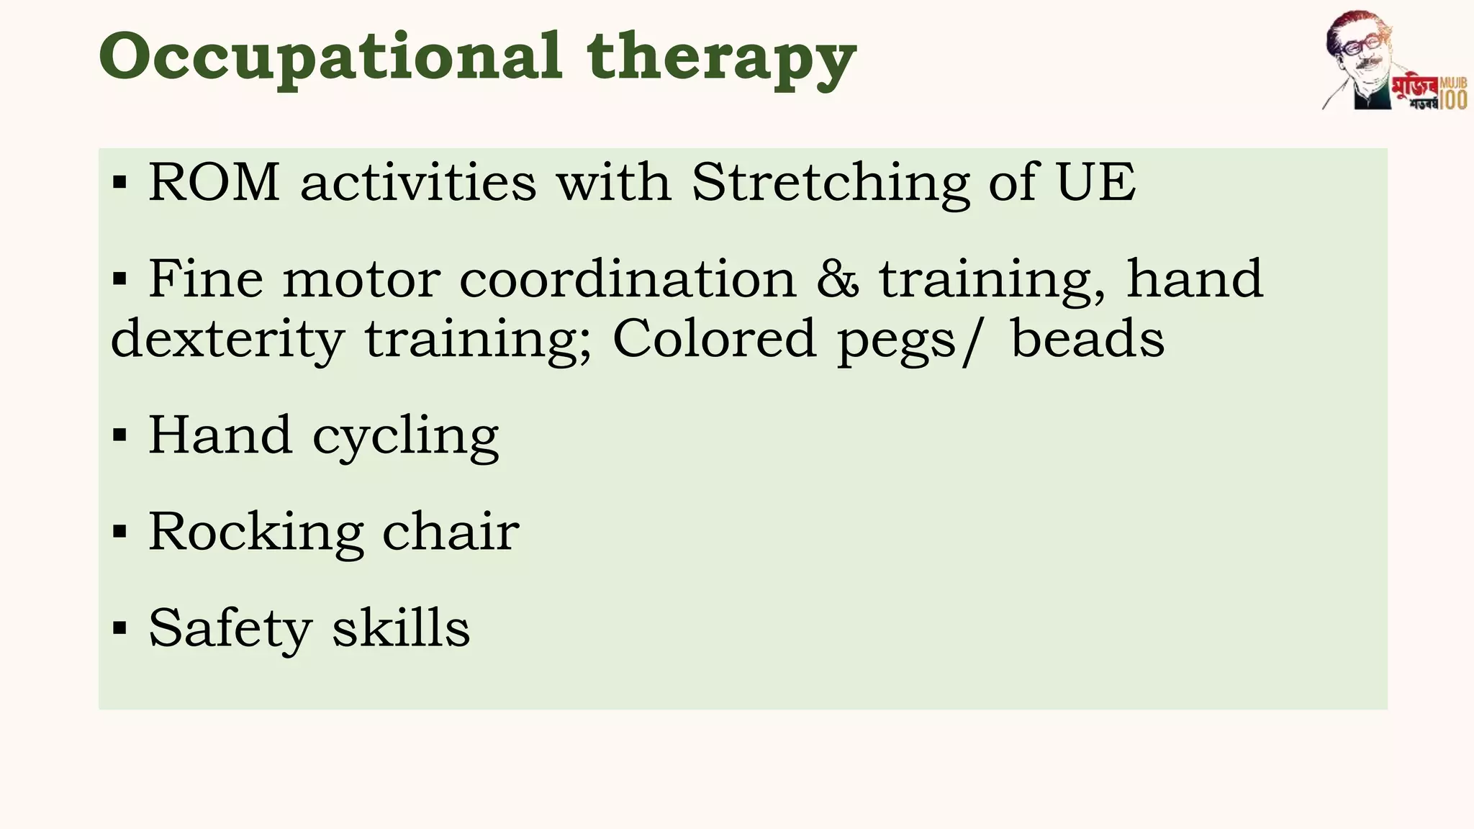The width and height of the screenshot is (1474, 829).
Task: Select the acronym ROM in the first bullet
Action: pos(214,182)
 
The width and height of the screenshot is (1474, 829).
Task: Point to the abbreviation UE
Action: pos(1095,182)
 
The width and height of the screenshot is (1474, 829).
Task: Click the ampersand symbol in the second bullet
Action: pos(837,279)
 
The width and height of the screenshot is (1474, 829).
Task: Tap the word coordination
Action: pos(628,279)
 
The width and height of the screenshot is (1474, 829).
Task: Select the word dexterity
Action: pos(227,340)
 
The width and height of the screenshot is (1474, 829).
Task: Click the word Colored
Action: pos(714,340)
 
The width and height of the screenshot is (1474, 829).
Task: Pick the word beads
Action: pos(1088,340)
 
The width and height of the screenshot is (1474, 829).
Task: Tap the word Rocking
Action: pos(256,533)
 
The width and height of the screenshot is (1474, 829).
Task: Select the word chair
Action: pos(451,532)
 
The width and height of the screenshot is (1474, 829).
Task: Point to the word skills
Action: pos(401,628)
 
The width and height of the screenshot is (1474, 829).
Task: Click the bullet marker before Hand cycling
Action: pos(120,435)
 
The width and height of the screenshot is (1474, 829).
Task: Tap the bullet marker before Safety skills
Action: pos(120,628)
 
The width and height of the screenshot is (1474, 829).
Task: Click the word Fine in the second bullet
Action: pos(206,279)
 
